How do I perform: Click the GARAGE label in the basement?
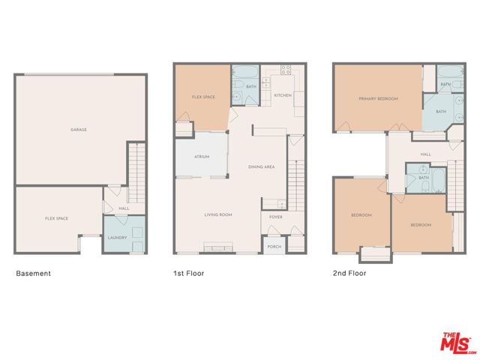(x=79, y=130)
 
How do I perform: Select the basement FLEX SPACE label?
(x=57, y=218)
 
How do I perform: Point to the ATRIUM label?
(x=201, y=157)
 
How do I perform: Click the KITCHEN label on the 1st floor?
(x=283, y=96)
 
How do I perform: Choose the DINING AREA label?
(x=261, y=166)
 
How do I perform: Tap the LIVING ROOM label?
(x=218, y=215)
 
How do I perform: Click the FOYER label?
(x=276, y=218)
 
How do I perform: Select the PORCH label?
(x=275, y=246)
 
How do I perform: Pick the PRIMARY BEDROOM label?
(x=378, y=99)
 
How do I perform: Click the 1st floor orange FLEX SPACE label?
(x=204, y=97)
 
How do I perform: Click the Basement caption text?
(x=34, y=274)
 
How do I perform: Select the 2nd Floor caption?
(x=349, y=274)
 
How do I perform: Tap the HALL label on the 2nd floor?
(x=425, y=154)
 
